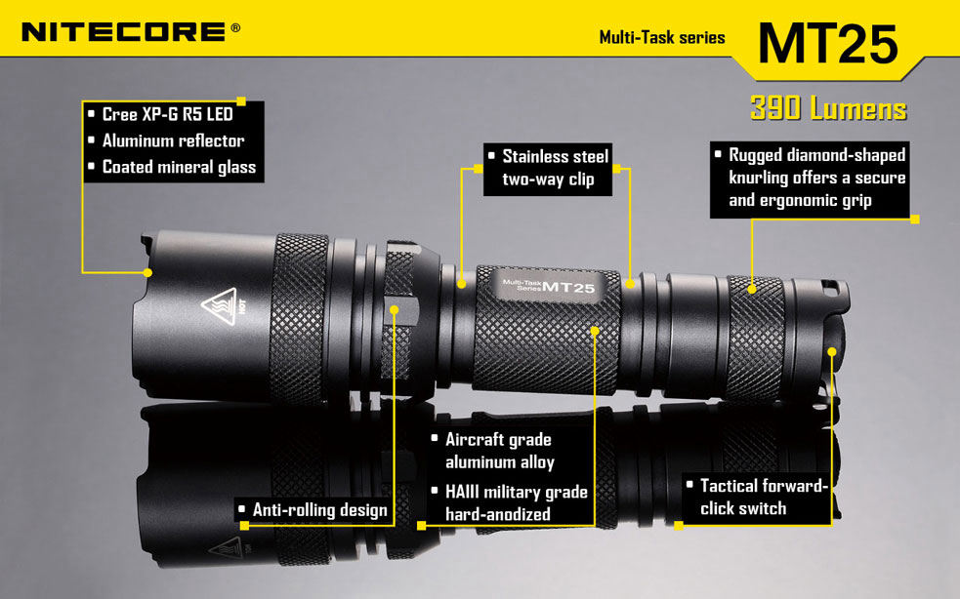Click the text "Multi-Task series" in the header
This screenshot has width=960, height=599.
pyautogui.click(x=662, y=38)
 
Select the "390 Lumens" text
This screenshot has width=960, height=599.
pyautogui.click(x=828, y=108)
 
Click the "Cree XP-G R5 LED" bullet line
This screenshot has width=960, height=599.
pyautogui.click(x=167, y=115)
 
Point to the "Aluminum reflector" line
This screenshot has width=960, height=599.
pyautogui.click(x=173, y=140)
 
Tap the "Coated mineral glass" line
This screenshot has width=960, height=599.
pyautogui.click(x=179, y=167)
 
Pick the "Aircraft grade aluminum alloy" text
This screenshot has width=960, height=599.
pyautogui.click(x=499, y=451)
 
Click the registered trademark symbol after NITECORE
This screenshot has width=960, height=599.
pyautogui.click(x=235, y=28)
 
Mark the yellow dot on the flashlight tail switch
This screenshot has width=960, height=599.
pyautogui.click(x=832, y=350)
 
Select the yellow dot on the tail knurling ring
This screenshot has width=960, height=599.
pyautogui.click(x=753, y=288)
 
